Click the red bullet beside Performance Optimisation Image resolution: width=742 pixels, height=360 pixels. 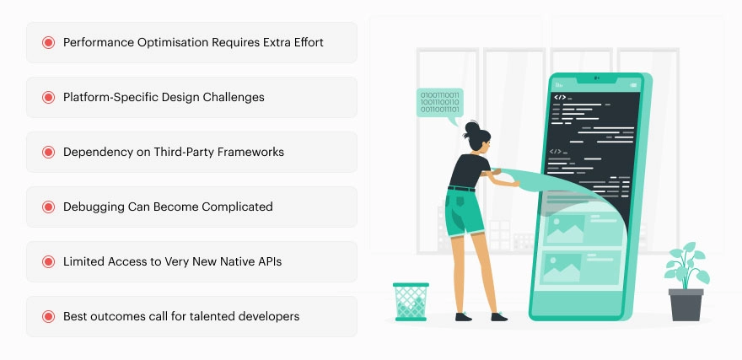tap(48, 42)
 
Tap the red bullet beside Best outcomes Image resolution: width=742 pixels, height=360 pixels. tap(48, 316)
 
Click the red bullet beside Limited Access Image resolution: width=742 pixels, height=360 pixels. tap(48, 261)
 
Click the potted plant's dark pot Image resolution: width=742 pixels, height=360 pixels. tap(685, 304)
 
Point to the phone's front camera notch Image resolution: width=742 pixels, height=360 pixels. tap(596, 78)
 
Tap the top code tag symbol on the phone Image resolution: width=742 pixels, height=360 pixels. tap(559, 98)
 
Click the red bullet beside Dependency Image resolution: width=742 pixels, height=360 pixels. tap(48, 152)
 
